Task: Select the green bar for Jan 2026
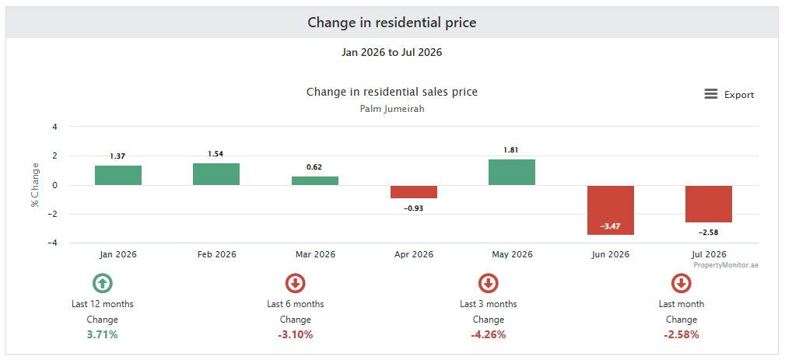[x=118, y=176]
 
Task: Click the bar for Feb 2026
[x=216, y=174]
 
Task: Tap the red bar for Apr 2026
[x=414, y=192]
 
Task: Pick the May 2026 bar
[x=512, y=173]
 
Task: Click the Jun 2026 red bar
[x=611, y=210]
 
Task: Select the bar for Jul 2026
[x=709, y=204]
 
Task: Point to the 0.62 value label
[x=314, y=167]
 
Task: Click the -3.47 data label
[x=611, y=226]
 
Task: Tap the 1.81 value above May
[x=512, y=150]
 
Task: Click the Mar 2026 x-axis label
[x=315, y=254]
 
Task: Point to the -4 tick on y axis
[x=53, y=243]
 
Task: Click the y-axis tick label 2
[x=55, y=156]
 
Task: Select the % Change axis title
[x=34, y=185]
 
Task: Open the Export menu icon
[x=711, y=94]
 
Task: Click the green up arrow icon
[x=102, y=284]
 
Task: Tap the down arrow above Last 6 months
[x=296, y=284]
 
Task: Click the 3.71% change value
[x=102, y=335]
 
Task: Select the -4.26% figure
[x=488, y=335]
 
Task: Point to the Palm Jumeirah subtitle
[x=392, y=109]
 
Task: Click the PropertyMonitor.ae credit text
[x=726, y=265]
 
